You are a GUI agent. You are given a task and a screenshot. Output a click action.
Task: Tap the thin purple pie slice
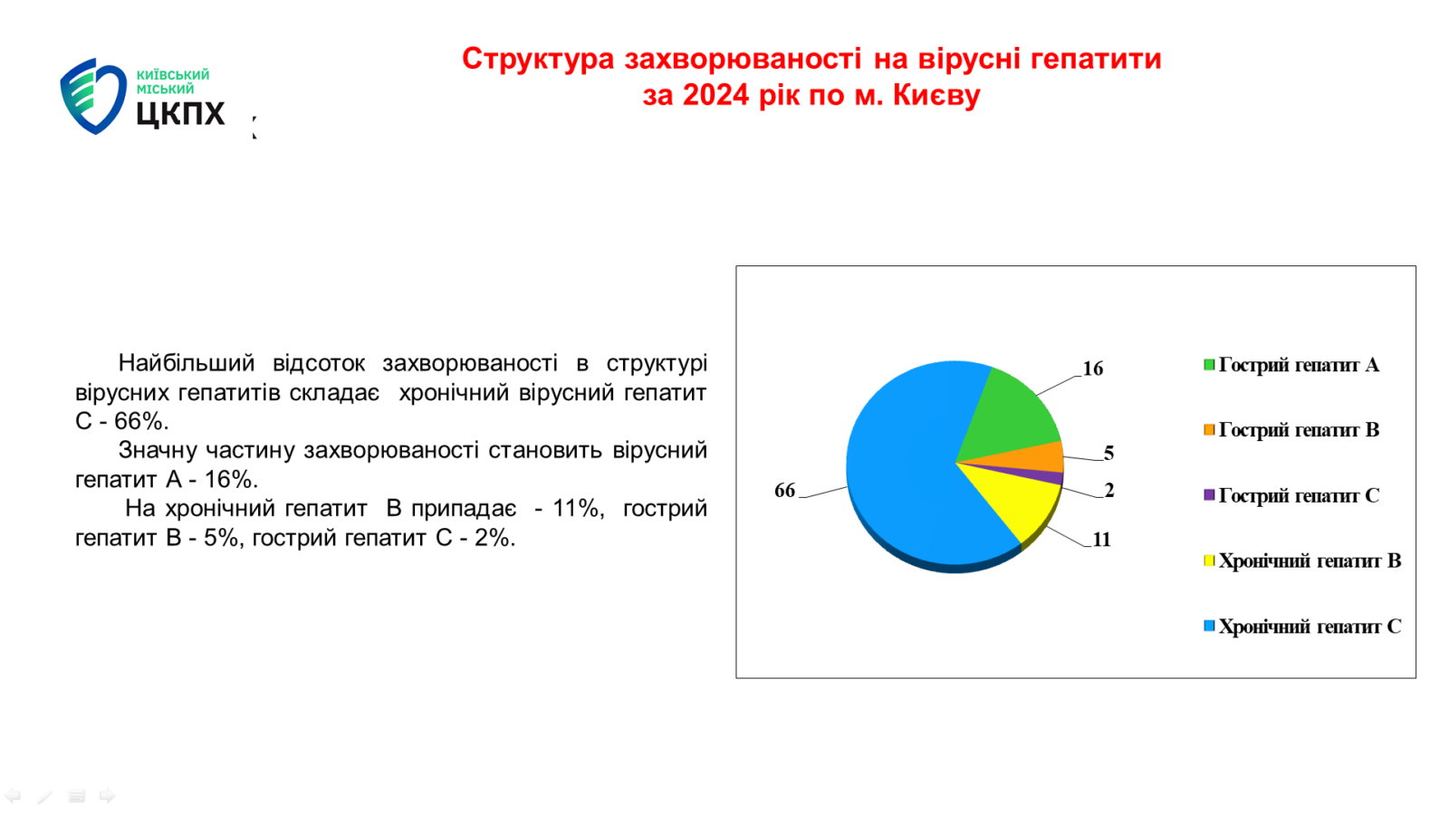tap(1035, 476)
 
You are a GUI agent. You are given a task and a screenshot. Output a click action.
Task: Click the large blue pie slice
tap(906, 465)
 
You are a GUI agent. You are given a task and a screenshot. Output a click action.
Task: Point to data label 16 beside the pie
tap(1092, 369)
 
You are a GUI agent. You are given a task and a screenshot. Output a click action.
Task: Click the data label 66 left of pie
tap(784, 491)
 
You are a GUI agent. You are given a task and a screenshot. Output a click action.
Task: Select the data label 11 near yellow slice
tap(1101, 540)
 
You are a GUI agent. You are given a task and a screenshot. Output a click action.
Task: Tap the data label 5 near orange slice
tap(1108, 454)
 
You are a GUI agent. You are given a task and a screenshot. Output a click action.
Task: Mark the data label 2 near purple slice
tap(1109, 491)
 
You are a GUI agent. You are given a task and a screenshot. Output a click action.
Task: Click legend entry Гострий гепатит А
tap(1291, 365)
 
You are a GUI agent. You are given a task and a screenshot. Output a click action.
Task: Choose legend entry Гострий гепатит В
tap(1291, 431)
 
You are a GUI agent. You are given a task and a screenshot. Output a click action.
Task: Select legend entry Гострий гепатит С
tap(1291, 496)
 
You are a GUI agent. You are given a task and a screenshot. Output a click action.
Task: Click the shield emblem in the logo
tap(92, 96)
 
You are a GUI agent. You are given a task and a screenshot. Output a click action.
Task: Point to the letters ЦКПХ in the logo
tap(180, 114)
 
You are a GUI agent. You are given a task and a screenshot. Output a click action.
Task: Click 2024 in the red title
tap(716, 95)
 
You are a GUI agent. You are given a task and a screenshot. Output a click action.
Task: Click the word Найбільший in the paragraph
tap(187, 363)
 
